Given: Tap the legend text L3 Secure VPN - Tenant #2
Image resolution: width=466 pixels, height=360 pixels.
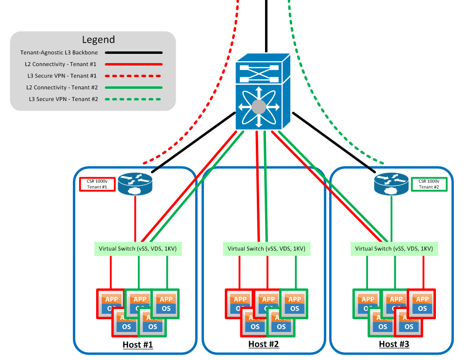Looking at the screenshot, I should tap(63, 99).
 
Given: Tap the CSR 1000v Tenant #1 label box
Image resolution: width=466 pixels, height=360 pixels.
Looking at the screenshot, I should tap(97, 184).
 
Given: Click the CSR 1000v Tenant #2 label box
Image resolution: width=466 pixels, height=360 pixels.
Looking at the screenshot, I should tap(429, 184).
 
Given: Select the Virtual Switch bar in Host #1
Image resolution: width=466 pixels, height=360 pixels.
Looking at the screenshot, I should tap(137, 249).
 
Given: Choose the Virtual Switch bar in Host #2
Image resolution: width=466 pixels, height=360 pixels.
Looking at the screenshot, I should tap(266, 249).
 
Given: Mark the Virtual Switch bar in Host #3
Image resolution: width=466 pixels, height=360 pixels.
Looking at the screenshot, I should tap(394, 249).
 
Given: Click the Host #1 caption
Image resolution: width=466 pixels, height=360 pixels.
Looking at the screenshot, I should tap(137, 344).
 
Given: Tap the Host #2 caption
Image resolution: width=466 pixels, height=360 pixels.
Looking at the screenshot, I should tap(264, 344).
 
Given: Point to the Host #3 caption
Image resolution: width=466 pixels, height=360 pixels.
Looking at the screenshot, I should tap(394, 344).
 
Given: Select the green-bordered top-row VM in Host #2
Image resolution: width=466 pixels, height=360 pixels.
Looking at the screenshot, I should tap(294, 303).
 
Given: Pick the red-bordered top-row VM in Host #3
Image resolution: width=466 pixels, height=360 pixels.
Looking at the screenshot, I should tap(421, 303).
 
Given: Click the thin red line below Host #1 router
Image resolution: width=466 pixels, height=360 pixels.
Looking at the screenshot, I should tap(135, 218).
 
